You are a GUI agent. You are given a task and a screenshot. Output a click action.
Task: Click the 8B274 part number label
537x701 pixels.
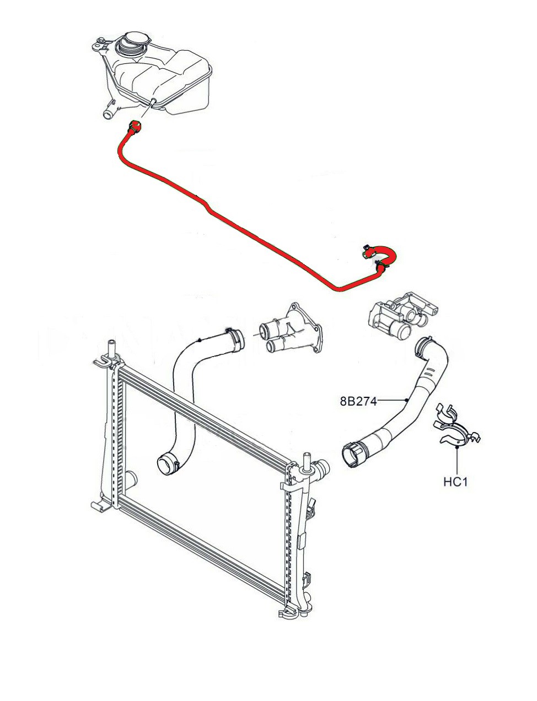[358, 401]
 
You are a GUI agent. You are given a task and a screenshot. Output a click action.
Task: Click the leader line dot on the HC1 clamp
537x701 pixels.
[457, 447]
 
